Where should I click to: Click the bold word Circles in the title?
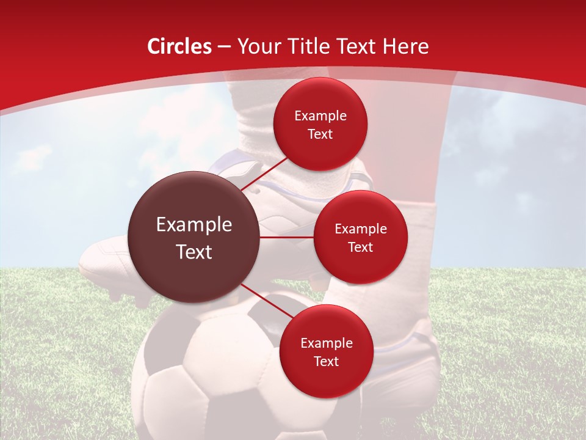(x=179, y=46)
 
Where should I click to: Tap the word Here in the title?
(x=406, y=46)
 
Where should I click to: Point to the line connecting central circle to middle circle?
(x=287, y=237)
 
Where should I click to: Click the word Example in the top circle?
(x=320, y=116)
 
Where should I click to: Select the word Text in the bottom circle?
(x=327, y=361)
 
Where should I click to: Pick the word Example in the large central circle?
(x=194, y=225)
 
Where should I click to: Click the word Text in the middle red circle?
(x=361, y=247)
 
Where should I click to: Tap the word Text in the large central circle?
(x=194, y=252)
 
